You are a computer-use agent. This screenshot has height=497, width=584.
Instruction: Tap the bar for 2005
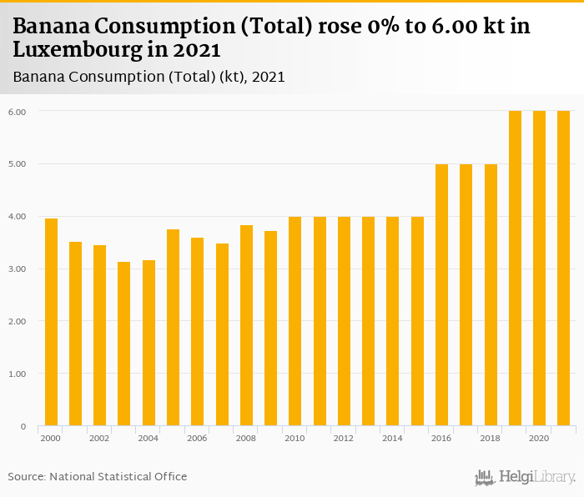pyautogui.click(x=173, y=328)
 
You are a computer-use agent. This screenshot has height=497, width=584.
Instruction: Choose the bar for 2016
pyautogui.click(x=441, y=295)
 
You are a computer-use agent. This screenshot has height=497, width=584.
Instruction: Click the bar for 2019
pyautogui.click(x=515, y=269)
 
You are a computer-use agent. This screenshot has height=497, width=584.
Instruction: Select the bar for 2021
pyautogui.click(x=564, y=269)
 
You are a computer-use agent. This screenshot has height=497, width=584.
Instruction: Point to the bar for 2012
pyautogui.click(x=344, y=321)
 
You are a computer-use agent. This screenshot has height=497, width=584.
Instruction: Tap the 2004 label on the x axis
pyautogui.click(x=149, y=438)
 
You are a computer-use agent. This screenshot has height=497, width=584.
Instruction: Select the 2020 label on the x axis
pyautogui.click(x=539, y=438)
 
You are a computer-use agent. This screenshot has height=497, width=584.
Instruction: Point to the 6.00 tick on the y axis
pyautogui.click(x=17, y=111)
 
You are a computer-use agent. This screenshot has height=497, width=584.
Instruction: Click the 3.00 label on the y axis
pyautogui.click(x=17, y=269)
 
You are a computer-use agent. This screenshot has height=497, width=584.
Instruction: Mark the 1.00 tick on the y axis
pyautogui.click(x=17, y=374)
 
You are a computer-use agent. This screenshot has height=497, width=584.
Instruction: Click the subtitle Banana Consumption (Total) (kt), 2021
pyautogui.click(x=149, y=77)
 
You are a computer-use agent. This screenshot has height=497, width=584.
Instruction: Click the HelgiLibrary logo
pyautogui.click(x=525, y=477)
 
